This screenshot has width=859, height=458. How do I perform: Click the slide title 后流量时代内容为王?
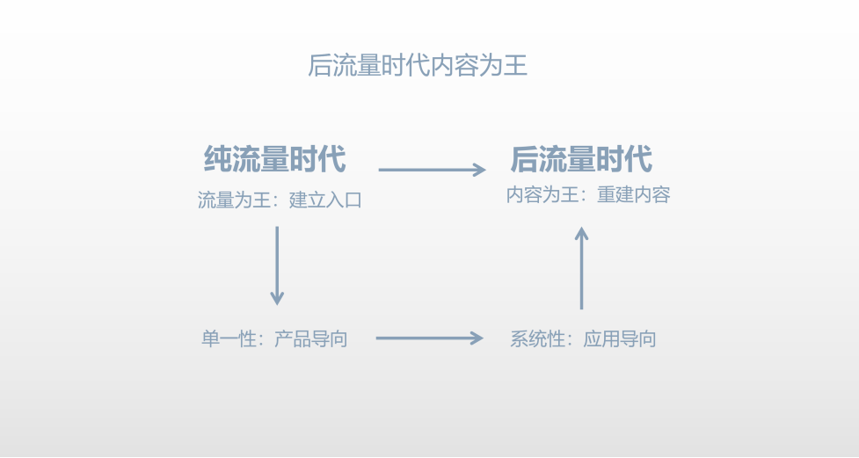(418, 66)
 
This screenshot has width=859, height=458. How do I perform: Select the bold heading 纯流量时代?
(275, 160)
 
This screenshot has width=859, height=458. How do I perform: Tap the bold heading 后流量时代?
(581, 160)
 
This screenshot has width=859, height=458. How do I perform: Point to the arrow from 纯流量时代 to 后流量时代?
(432, 171)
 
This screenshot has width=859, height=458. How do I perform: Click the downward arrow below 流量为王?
(277, 265)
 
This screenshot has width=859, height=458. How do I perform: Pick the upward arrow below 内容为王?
(581, 268)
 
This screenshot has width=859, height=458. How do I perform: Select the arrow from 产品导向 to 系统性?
(430, 338)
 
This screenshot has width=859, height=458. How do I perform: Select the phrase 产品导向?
(311, 338)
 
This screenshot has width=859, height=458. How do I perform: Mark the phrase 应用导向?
(620, 338)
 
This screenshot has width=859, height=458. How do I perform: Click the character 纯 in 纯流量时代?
(218, 160)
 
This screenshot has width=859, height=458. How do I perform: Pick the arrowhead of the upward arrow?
(581, 233)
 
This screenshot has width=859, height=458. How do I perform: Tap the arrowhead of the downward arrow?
(277, 299)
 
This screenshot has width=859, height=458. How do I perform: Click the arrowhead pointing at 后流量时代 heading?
(478, 171)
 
